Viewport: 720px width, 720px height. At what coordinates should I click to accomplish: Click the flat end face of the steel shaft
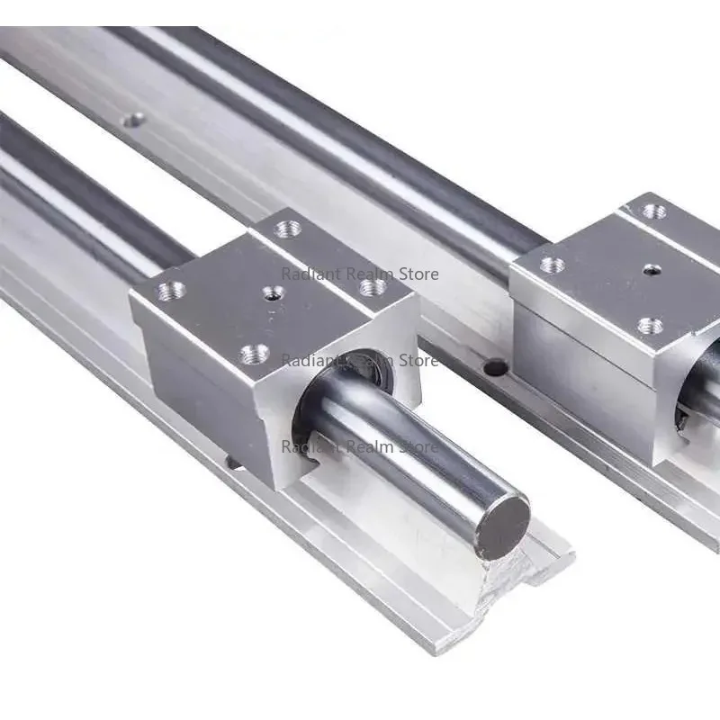502,527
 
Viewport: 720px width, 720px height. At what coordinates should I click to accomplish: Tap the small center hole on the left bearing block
273,292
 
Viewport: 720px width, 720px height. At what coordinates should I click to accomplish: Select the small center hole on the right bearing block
649,271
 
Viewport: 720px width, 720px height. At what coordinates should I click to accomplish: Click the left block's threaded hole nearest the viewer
255,354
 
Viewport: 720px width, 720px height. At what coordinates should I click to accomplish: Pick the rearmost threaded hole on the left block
288,229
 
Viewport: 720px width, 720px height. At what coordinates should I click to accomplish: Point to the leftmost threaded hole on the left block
171,291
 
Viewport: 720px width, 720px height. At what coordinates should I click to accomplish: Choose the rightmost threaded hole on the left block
373,288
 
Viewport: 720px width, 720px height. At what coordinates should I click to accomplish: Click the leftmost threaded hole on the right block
552,265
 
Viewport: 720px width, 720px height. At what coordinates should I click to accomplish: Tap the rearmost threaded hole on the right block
655,211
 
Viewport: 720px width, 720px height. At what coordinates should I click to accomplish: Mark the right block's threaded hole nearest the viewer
650,326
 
